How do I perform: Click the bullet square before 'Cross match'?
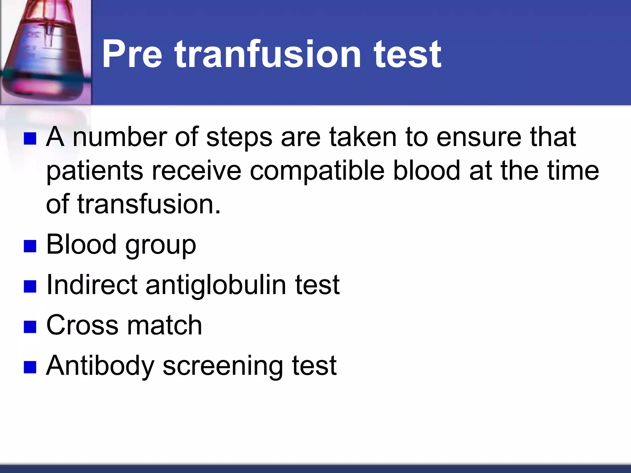pyautogui.click(x=30, y=327)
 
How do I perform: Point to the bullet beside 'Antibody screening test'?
pyautogui.click(x=30, y=367)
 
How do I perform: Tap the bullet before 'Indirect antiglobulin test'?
pyautogui.click(x=30, y=286)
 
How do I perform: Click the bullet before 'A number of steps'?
pyautogui.click(x=30, y=139)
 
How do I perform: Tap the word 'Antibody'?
pyautogui.click(x=100, y=366)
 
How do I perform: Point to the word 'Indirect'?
pyautogui.click(x=92, y=285)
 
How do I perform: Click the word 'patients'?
pyautogui.click(x=95, y=172)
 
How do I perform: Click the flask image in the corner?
pyautogui.click(x=46, y=52)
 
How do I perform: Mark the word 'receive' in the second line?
pyautogui.click(x=197, y=171)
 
